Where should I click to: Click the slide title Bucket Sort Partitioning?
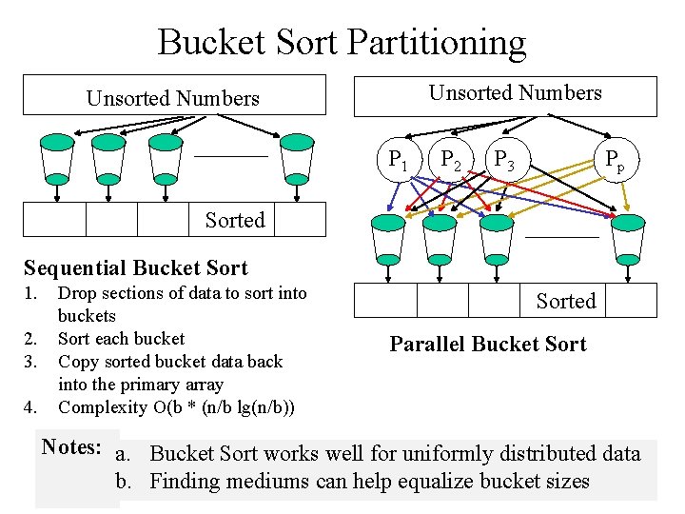tap(342, 43)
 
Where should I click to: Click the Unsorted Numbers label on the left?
tap(172, 98)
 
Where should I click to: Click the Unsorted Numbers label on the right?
tap(515, 93)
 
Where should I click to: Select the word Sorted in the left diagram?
tap(235, 220)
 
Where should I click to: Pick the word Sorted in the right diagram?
tap(565, 301)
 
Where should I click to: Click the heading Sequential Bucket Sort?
tap(135, 268)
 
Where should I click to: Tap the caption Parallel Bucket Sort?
tap(488, 345)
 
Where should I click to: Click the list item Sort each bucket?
tap(121, 339)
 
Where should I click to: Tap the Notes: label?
tap(71, 446)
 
